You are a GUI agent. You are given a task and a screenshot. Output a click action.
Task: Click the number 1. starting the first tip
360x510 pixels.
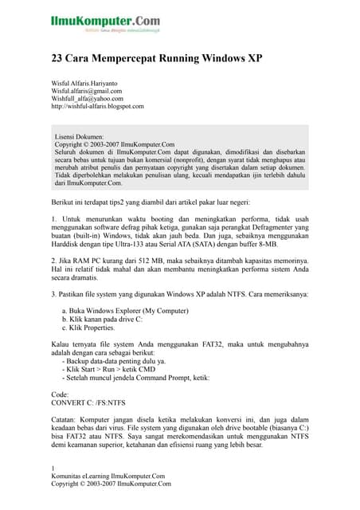(x=54, y=219)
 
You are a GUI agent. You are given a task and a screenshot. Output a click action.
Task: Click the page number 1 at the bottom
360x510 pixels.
(x=53, y=467)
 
